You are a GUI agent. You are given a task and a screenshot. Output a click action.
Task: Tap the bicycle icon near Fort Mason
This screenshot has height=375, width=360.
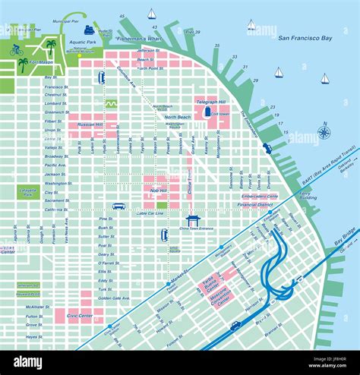[16, 49]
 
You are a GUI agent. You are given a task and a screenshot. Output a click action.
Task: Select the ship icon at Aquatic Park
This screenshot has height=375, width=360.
[90, 30]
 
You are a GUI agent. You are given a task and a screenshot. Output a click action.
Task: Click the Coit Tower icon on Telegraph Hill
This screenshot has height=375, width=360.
[207, 112]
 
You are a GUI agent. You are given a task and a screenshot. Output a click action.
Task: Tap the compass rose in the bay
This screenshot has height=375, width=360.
[324, 132]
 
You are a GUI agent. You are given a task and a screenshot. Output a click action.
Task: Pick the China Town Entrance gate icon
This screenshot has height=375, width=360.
[193, 219]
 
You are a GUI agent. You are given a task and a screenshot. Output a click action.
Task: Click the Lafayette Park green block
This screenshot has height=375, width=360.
[28, 193]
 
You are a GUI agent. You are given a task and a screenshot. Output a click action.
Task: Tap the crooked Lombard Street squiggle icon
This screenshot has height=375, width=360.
[111, 102]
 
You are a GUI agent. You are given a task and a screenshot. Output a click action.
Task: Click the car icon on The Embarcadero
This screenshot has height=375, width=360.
[267, 148]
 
